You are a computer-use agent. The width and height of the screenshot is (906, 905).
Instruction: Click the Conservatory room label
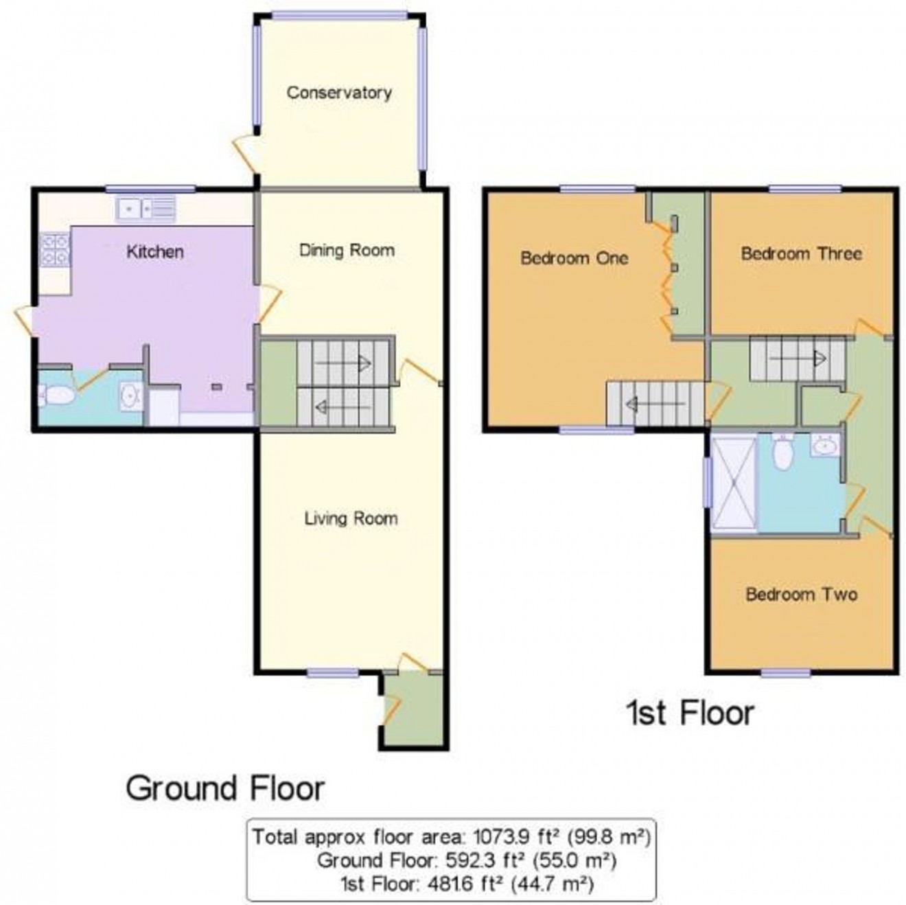tap(339, 93)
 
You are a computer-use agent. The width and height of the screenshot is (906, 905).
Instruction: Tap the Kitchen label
tap(155, 252)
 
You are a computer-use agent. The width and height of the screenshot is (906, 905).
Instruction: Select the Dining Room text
tap(347, 250)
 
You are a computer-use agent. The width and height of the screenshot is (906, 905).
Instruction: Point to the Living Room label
tap(351, 518)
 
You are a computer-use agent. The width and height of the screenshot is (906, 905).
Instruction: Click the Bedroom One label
tap(574, 258)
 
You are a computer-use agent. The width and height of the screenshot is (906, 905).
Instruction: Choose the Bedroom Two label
tap(802, 594)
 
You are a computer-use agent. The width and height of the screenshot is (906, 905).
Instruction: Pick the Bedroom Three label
tap(801, 253)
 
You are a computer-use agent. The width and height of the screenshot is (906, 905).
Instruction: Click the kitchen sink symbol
tap(146, 208)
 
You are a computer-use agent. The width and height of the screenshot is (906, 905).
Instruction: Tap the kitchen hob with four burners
tap(55, 250)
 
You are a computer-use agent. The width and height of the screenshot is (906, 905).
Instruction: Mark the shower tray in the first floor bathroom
tap(734, 483)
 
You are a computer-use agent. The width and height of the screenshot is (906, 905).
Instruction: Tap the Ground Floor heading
tap(225, 788)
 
